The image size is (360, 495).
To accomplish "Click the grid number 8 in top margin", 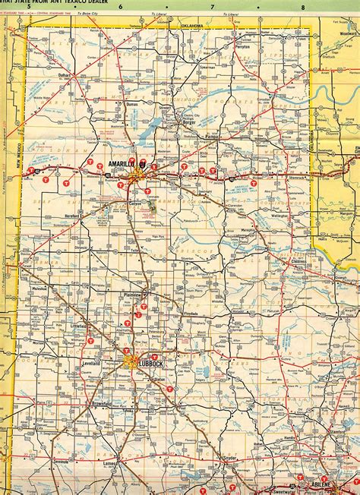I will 303,7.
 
